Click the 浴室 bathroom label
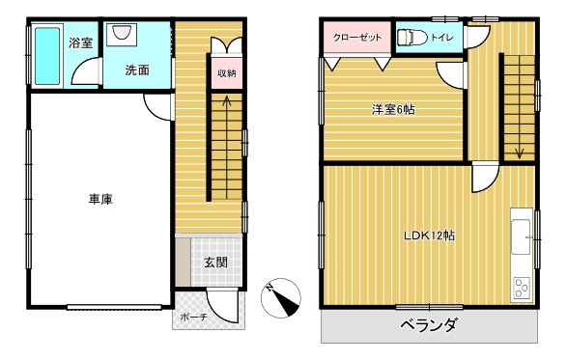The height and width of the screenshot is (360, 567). pyautogui.click(x=80, y=43)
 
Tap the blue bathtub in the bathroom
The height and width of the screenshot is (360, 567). pyautogui.click(x=47, y=56)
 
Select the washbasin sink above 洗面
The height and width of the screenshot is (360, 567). pyautogui.click(x=121, y=33)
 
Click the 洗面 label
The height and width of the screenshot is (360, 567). pyautogui.click(x=137, y=70)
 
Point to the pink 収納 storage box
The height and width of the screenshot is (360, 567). pyautogui.click(x=227, y=73)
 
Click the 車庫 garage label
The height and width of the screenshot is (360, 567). pyautogui.click(x=100, y=199)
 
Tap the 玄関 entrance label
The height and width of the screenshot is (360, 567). pyautogui.click(x=215, y=263)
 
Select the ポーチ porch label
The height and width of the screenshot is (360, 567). pyautogui.click(x=193, y=317)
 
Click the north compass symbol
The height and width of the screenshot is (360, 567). pyautogui.click(x=281, y=298)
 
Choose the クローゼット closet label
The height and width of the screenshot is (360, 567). pyautogui.click(x=356, y=38)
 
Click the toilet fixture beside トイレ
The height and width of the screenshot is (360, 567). pyautogui.click(x=412, y=38)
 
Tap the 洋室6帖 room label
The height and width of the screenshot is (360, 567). pyautogui.click(x=393, y=109)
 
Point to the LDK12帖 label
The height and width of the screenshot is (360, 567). pyautogui.click(x=429, y=235)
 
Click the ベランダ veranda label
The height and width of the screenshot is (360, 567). pyautogui.click(x=429, y=324)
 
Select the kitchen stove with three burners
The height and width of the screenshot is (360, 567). pyautogui.click(x=522, y=288)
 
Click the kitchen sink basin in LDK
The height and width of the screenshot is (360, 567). pyautogui.click(x=521, y=236)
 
